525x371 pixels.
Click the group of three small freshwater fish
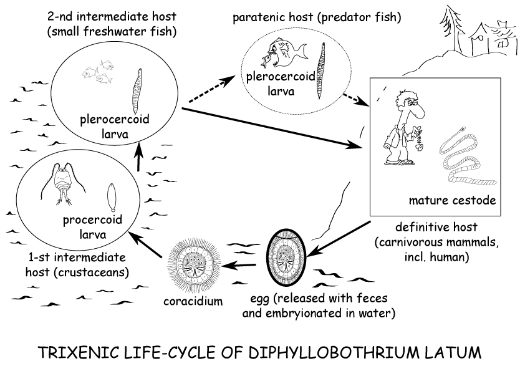tap(97, 72)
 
